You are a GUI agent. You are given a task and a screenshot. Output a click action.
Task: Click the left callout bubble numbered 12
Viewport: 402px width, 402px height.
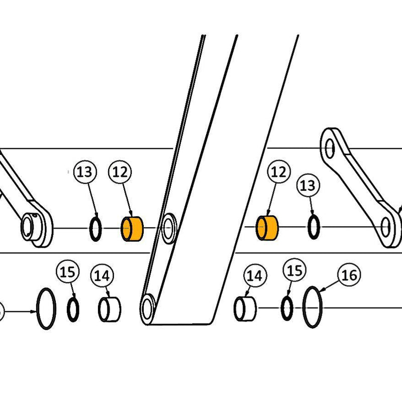coord(120,172)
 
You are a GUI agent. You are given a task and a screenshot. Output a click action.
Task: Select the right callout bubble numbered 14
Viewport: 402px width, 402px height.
coord(255,275)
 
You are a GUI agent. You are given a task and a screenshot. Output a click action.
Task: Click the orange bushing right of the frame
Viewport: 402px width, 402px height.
coord(267,228)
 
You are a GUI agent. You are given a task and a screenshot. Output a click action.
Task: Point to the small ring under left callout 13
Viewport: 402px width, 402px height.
coord(95,229)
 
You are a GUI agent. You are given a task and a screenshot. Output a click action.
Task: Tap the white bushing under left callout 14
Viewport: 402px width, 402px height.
coord(110,310)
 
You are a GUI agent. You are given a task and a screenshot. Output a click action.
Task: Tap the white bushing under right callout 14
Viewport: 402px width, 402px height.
coord(245,309)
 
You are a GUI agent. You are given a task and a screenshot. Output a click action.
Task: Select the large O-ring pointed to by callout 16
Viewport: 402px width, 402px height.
coord(312,307)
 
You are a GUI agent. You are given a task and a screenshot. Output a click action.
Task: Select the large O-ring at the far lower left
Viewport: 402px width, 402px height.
coord(46,309)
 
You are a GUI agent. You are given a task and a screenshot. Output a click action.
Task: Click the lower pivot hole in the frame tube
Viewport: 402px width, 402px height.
coord(148,307)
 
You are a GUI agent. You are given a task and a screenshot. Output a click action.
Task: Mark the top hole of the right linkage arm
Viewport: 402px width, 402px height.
coord(330,147)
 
